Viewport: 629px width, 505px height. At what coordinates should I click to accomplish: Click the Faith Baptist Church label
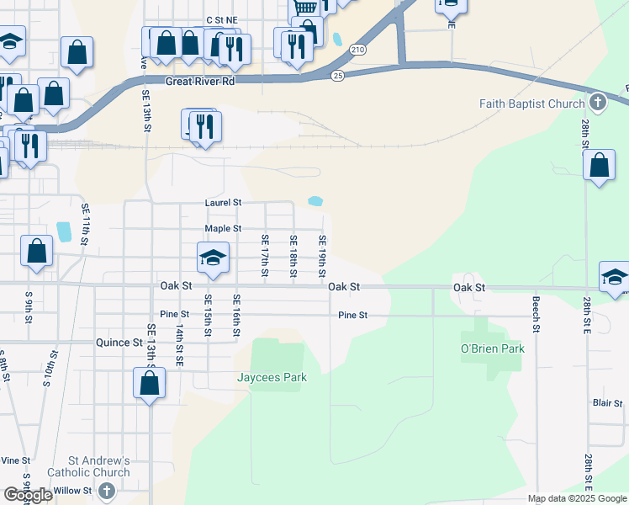(531, 104)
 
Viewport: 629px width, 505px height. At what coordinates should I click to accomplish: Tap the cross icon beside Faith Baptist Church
(598, 104)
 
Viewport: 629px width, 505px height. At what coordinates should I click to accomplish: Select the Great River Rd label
(199, 81)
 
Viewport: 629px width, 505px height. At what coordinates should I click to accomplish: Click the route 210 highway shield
(358, 50)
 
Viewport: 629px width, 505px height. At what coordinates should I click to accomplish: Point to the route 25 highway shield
(337, 76)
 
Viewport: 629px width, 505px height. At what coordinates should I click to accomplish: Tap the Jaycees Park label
(271, 378)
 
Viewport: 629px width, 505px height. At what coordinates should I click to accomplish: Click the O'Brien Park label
(492, 348)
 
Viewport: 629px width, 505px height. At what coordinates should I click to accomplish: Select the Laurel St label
(224, 203)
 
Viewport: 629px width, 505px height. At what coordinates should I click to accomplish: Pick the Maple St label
(224, 228)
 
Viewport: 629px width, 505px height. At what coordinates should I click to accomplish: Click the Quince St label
(119, 343)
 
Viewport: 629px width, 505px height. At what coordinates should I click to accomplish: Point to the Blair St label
(606, 404)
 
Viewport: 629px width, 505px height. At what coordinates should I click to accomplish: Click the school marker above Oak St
(213, 258)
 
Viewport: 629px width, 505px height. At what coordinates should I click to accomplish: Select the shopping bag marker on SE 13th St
(150, 384)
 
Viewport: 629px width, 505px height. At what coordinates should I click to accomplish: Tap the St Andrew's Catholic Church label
(99, 466)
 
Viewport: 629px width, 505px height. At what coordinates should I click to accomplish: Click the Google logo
(28, 495)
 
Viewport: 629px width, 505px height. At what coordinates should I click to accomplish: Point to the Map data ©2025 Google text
(577, 498)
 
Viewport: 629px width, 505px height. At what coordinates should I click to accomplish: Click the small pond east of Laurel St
(316, 201)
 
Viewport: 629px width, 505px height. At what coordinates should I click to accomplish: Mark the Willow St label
(73, 490)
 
